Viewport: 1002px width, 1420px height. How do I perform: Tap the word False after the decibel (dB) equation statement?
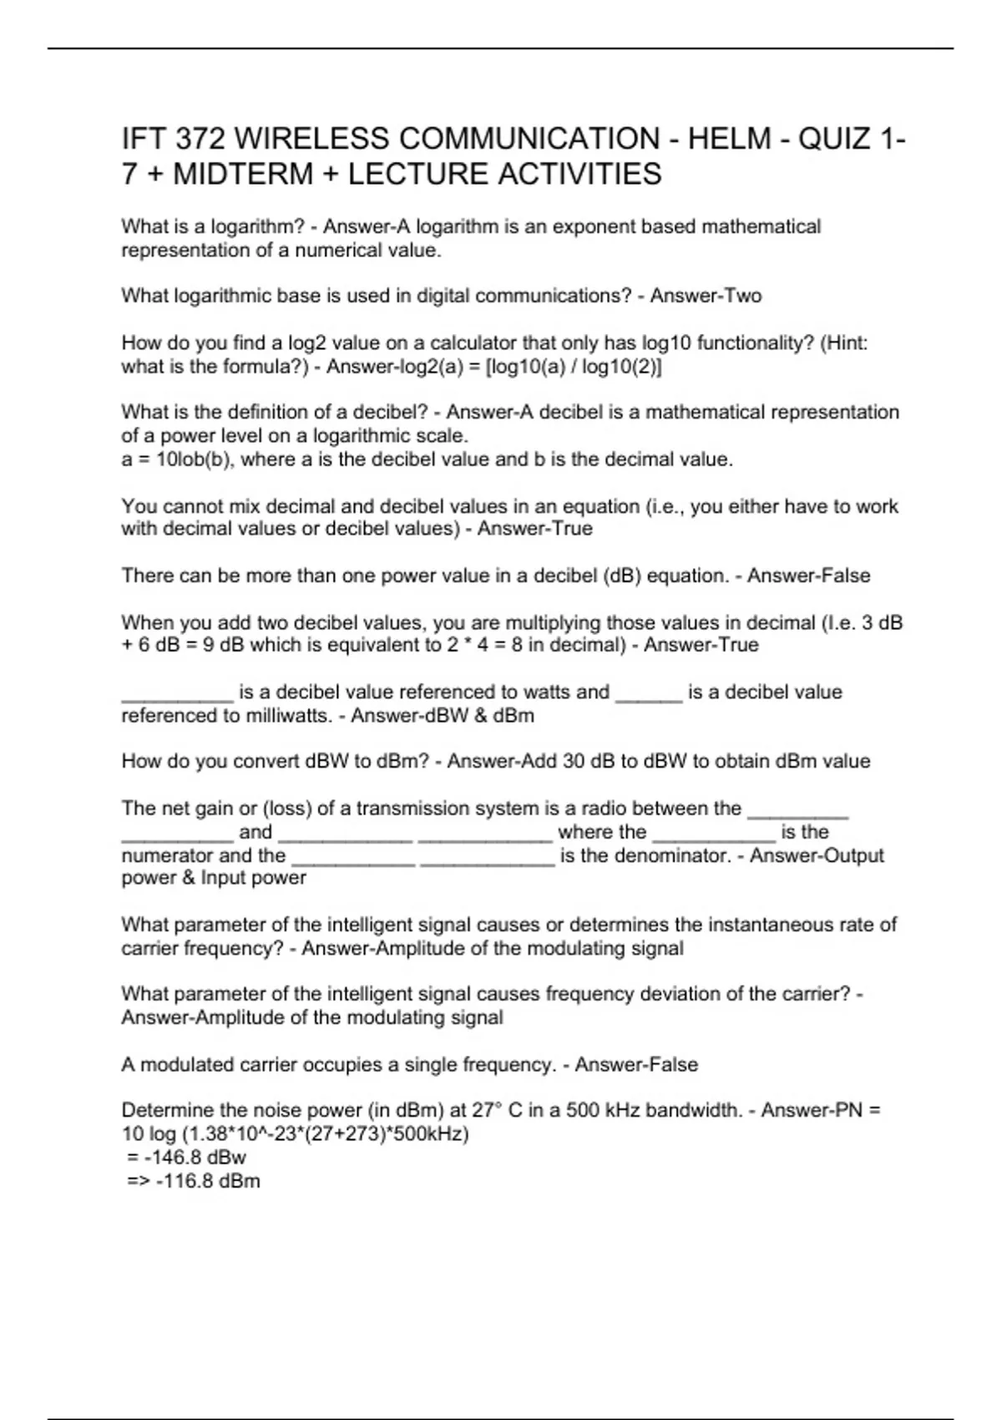tap(843, 576)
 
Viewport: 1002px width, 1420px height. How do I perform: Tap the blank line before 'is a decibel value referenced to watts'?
tap(177, 693)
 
